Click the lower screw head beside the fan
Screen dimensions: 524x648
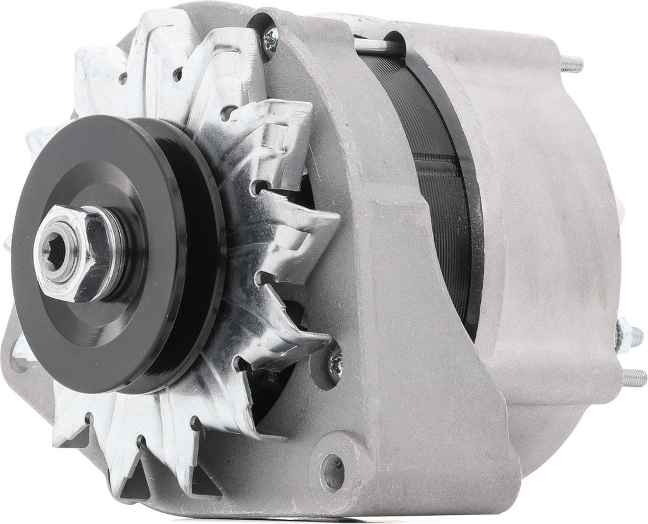pyautogui.click(x=334, y=364)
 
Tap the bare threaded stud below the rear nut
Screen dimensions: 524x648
pyautogui.click(x=633, y=378)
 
